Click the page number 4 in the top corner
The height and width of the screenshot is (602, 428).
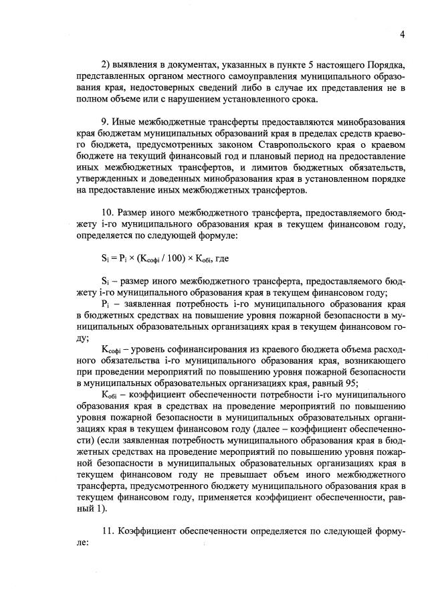403,34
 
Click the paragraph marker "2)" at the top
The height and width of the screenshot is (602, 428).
106,64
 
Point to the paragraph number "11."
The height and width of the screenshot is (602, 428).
107,530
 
